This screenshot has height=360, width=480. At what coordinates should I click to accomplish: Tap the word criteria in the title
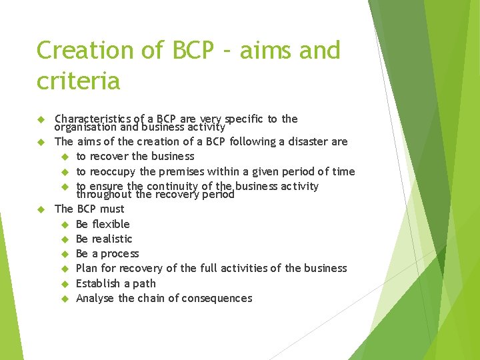(78, 81)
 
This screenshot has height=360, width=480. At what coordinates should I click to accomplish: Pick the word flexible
(111, 224)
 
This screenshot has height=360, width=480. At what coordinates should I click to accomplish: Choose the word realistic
(113, 239)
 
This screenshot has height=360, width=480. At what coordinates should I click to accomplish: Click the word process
(120, 254)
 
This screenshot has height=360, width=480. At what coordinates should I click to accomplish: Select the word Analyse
(95, 298)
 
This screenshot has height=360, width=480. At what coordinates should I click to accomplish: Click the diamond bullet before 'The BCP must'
(40, 209)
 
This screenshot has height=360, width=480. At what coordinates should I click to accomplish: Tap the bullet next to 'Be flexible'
(65, 224)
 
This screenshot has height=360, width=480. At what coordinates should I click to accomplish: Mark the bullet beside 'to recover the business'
(65, 157)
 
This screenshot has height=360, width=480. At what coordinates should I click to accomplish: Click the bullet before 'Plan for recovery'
(65, 269)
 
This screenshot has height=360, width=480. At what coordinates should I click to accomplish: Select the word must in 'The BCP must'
(112, 209)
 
